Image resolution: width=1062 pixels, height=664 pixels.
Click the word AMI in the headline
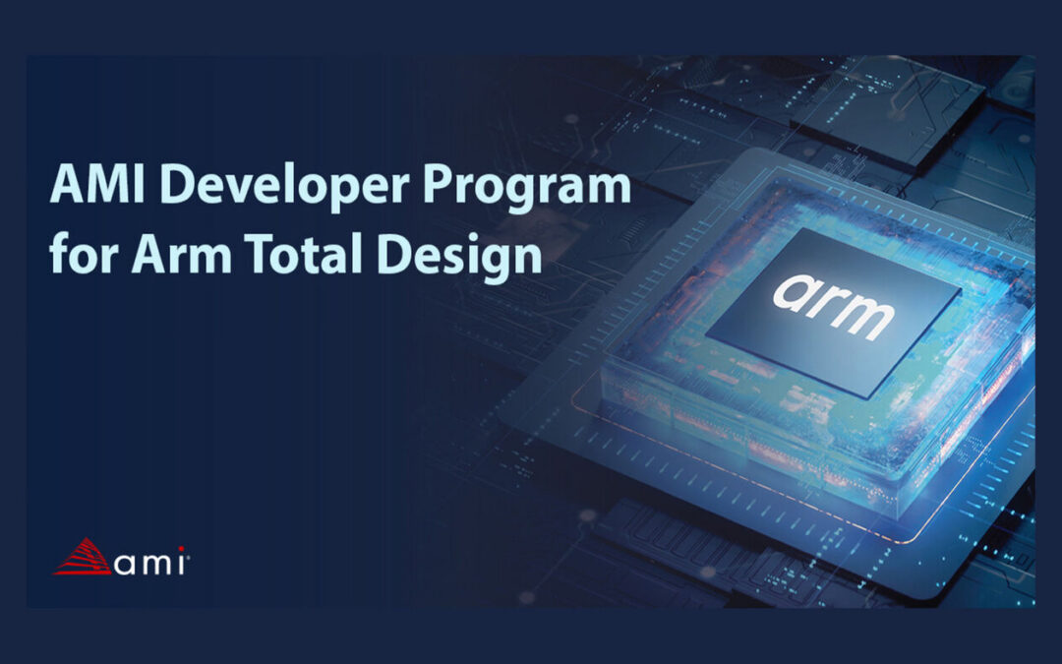coord(96,184)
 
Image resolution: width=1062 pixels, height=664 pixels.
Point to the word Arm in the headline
coord(182,254)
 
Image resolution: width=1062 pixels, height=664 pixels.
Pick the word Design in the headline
coord(459,258)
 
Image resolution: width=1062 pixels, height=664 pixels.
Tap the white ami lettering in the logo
coord(149,563)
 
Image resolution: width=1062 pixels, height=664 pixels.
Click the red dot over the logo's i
coord(182,550)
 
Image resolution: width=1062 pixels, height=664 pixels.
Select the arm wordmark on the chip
coord(833,306)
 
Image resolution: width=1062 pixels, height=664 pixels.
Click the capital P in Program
coord(439,184)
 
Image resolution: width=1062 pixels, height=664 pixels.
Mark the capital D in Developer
coord(178,184)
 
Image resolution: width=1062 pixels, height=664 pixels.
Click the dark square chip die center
coord(834,313)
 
